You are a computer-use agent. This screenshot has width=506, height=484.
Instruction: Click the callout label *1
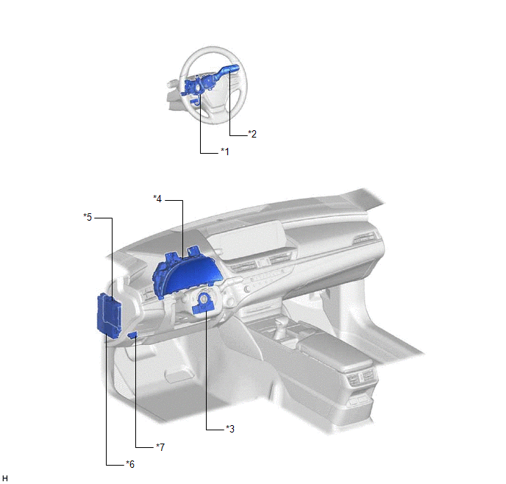click(x=225, y=152)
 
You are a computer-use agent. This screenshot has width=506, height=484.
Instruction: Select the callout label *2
click(x=252, y=134)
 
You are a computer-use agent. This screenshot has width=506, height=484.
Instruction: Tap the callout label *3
click(x=230, y=429)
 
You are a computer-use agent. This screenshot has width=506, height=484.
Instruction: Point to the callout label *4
click(x=157, y=199)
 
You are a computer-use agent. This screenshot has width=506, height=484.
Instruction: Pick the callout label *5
click(x=88, y=217)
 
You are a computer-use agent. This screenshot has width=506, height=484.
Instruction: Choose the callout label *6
click(x=130, y=464)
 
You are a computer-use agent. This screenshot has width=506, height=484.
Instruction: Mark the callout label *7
click(x=160, y=447)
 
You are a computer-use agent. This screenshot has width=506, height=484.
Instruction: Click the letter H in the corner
click(x=5, y=478)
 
